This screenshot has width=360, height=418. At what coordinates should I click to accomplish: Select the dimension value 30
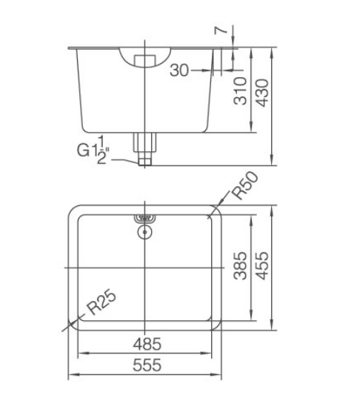(179, 70)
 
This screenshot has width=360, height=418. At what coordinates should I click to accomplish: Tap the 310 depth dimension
(240, 90)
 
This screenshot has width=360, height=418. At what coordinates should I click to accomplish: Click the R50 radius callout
(244, 185)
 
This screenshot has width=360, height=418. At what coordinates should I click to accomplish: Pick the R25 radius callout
(101, 302)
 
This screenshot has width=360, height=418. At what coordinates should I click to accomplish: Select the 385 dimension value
(240, 265)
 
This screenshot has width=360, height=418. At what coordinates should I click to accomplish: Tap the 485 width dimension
(147, 344)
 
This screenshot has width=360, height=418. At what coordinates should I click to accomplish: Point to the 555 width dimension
(147, 365)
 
